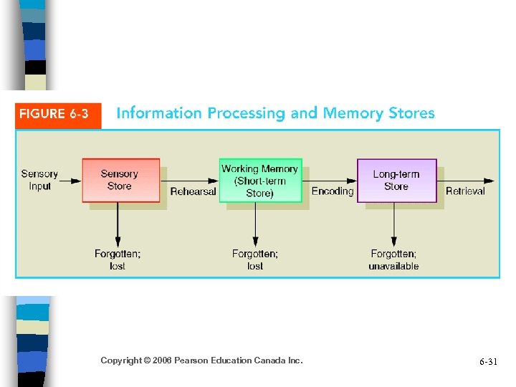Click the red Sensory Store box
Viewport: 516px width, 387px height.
point(120,180)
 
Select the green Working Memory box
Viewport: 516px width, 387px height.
point(259,180)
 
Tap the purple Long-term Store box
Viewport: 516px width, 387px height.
point(396,180)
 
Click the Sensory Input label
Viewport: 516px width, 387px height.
point(39,180)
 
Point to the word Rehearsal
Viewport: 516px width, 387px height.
point(193,191)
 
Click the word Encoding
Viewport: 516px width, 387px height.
point(333,191)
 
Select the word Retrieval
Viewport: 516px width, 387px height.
point(465,191)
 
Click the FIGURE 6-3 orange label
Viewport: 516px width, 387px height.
point(58,114)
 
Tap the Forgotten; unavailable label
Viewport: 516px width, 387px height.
point(393,259)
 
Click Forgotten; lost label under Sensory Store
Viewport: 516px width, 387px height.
point(118,259)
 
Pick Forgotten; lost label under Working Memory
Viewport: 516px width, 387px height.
point(255,259)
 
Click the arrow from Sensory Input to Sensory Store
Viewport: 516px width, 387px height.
point(70,181)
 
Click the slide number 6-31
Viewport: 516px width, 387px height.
point(488,362)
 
